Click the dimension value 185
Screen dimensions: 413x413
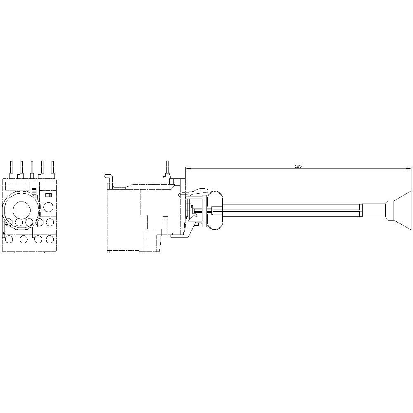coord(298,166)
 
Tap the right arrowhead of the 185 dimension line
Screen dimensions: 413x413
coord(408,169)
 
